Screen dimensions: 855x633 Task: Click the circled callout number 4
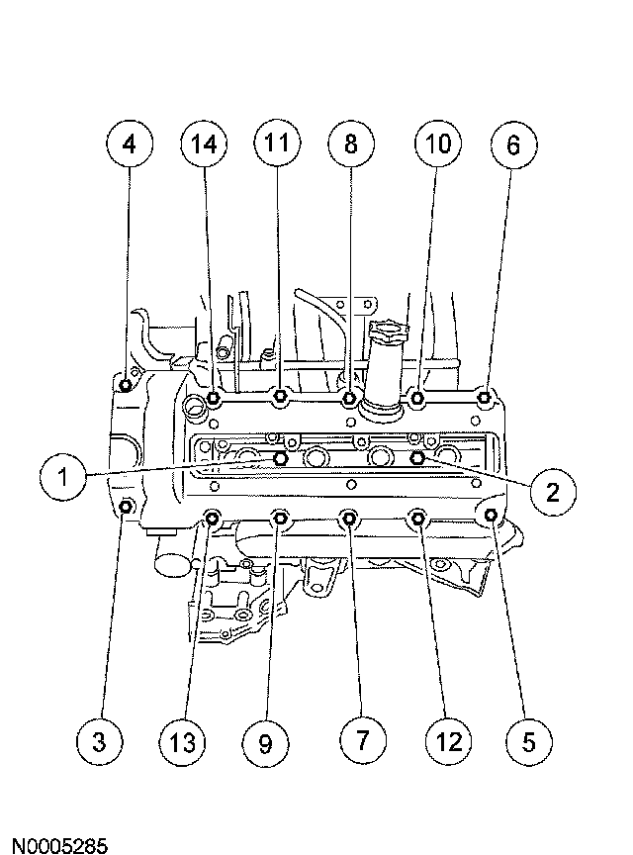click(x=128, y=144)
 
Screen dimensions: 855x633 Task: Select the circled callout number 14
click(x=204, y=144)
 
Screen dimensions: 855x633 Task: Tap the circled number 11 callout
click(x=276, y=144)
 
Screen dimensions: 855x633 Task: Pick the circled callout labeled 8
click(x=350, y=144)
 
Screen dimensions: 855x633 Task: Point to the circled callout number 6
click(x=512, y=144)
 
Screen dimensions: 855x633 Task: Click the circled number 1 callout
click(x=63, y=479)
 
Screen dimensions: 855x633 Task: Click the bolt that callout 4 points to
click(x=125, y=385)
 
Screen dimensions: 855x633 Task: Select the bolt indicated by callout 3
click(x=127, y=508)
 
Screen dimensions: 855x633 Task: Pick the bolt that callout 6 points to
click(x=485, y=398)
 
